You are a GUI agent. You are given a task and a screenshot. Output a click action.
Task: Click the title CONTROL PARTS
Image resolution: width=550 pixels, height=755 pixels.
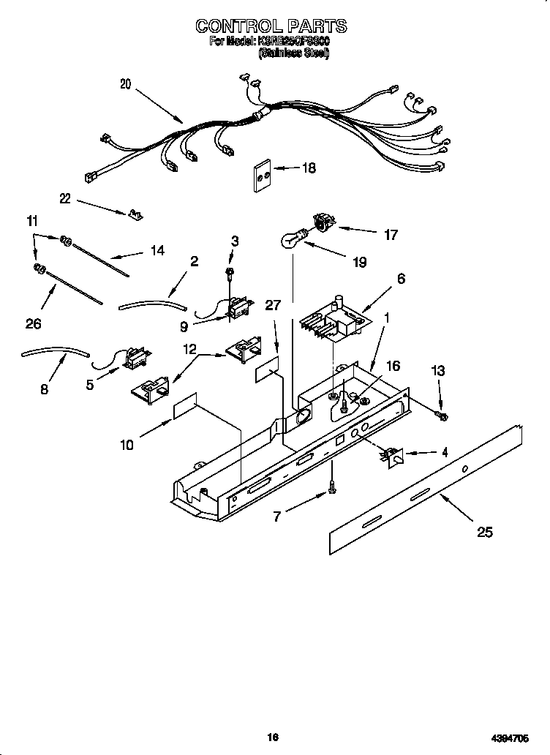pos(271,26)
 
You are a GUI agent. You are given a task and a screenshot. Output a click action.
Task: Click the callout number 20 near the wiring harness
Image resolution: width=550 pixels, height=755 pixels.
pos(126,84)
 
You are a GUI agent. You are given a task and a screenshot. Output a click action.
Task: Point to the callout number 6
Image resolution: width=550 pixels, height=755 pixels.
pos(401,278)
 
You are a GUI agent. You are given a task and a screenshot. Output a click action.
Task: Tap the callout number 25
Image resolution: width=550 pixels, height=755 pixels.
pos(484,532)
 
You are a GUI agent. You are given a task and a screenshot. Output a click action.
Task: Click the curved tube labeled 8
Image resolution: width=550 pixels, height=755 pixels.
pos(55,353)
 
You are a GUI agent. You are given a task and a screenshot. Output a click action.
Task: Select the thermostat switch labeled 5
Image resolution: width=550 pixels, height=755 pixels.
pos(133,359)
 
